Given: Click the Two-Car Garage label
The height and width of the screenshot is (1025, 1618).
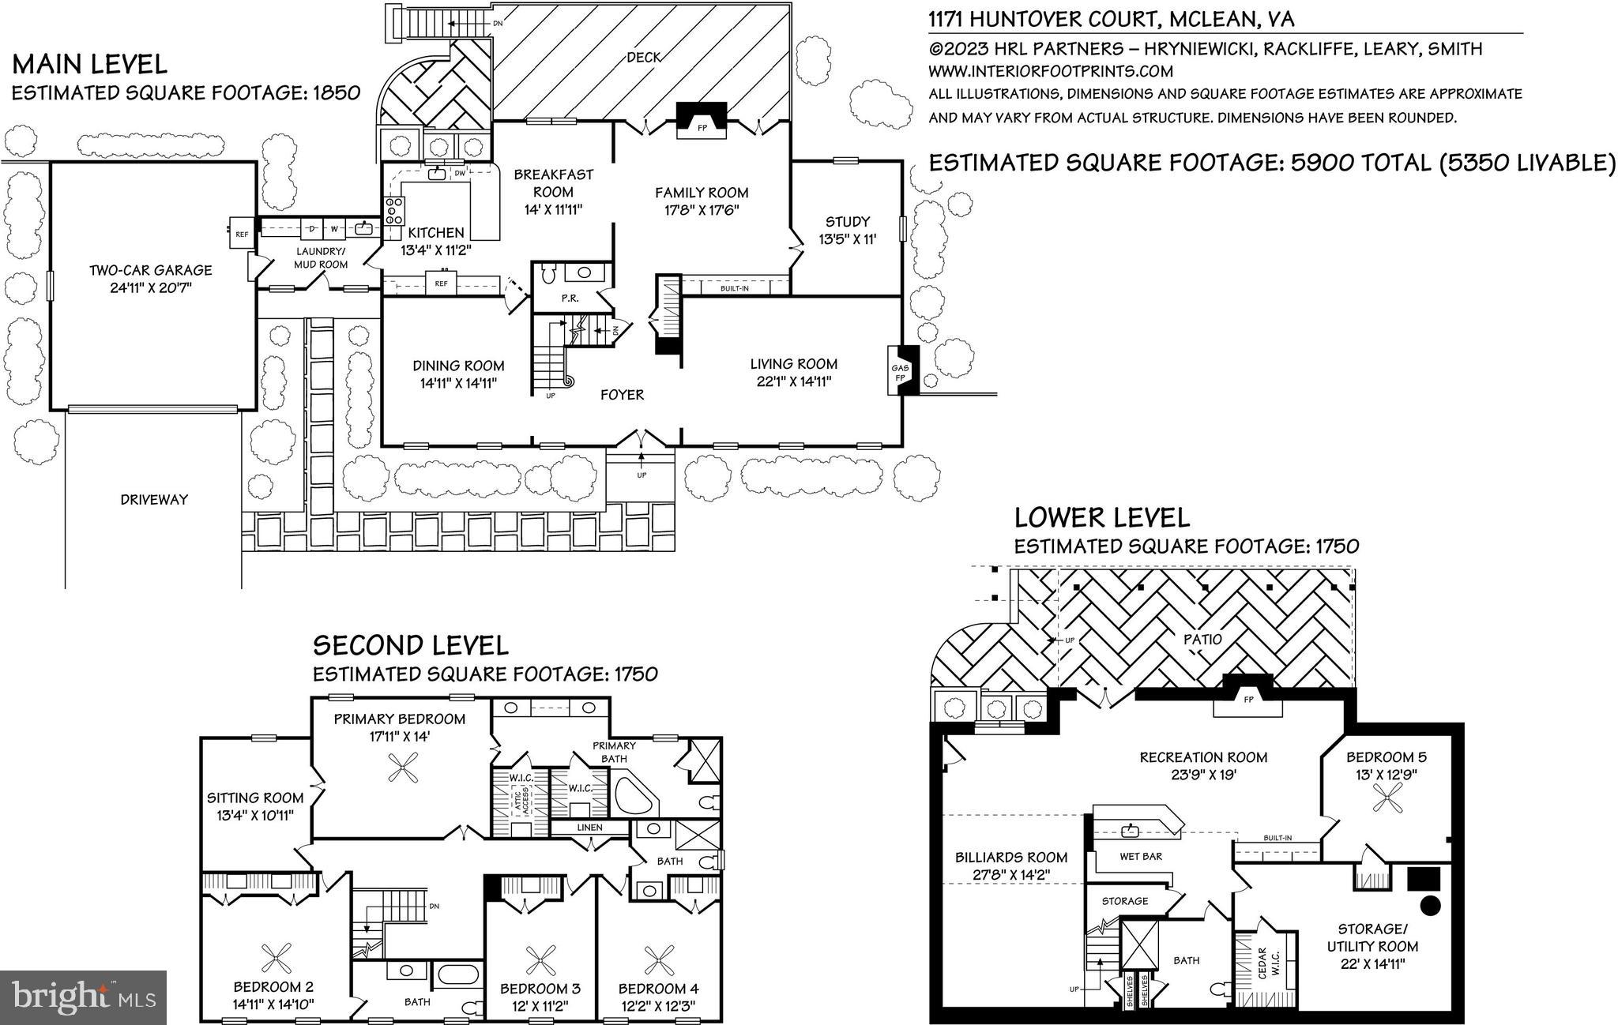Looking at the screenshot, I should tap(150, 270).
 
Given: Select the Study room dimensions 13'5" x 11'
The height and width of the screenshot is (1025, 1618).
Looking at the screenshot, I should tap(847, 238).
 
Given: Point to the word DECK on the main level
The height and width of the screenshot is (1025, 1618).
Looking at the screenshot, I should tap(644, 57).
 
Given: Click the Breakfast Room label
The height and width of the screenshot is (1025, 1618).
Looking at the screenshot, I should tap(553, 182).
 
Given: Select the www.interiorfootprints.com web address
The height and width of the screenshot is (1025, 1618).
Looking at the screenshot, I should tap(1050, 71).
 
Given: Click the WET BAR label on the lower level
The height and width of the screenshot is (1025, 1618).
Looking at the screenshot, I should tap(1141, 856).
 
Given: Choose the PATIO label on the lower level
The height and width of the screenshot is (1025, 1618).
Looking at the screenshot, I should tap(1202, 639).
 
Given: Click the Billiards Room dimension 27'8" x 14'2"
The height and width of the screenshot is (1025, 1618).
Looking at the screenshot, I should tap(1011, 874).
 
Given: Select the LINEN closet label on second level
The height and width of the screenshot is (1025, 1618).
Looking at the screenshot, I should tap(589, 828).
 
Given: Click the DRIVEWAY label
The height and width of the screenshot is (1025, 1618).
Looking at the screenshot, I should tap(154, 499).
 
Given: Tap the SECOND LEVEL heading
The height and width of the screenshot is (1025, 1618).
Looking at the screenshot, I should tap(410, 645).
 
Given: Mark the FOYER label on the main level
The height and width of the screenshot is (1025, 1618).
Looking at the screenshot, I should tap(622, 395).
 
